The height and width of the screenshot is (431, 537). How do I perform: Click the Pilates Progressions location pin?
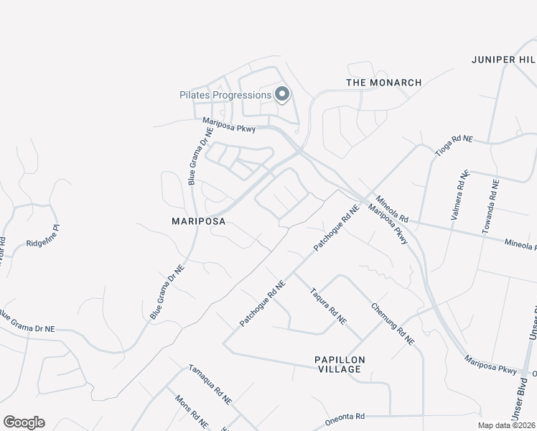click(282, 94)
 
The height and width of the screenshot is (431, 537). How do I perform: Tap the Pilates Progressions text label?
click(225, 95)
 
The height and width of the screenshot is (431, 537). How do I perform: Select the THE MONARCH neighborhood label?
click(383, 83)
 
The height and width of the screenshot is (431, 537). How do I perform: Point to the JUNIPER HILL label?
click(503, 59)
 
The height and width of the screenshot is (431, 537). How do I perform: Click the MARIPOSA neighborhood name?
click(198, 222)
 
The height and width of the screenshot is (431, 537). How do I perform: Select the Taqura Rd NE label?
click(328, 305)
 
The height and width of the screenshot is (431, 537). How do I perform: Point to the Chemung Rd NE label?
click(393, 323)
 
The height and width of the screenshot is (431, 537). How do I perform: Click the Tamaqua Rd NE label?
click(210, 384)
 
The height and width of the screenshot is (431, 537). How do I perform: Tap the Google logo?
click(24, 422)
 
